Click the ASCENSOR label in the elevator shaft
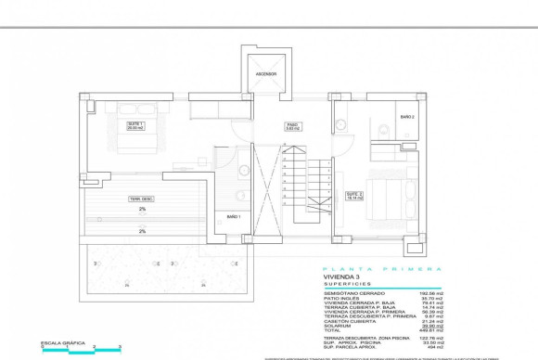point(266,74)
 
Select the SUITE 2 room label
point(353,195)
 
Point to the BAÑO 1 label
point(233,216)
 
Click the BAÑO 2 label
point(407,117)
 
